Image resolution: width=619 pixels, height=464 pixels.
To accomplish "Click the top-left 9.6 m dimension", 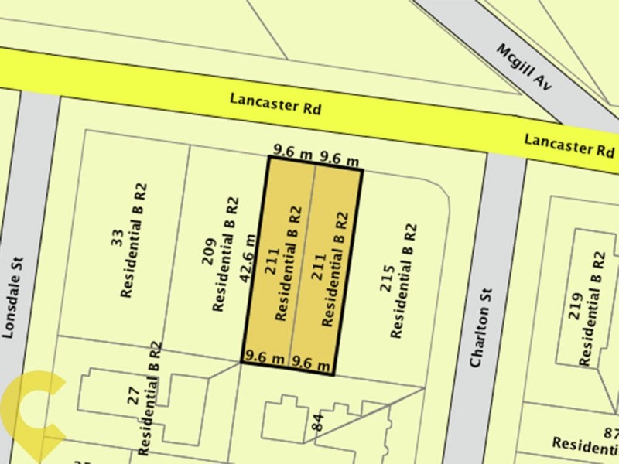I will point(292,152).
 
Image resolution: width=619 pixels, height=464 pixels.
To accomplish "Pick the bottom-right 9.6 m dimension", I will point(312,363).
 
